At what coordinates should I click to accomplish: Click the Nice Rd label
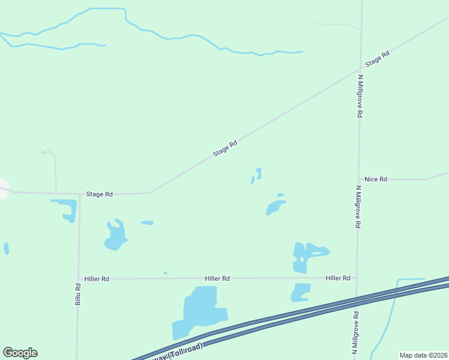pyautogui.click(x=376, y=179)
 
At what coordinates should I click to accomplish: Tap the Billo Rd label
pyautogui.click(x=78, y=294)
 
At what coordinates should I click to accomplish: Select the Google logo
pyautogui.click(x=20, y=353)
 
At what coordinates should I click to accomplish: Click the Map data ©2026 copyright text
pyautogui.click(x=423, y=355)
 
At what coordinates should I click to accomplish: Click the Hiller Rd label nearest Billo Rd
pyautogui.click(x=97, y=279)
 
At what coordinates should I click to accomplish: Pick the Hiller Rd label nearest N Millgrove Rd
pyautogui.click(x=338, y=278)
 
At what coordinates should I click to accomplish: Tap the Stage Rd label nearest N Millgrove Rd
pyautogui.click(x=378, y=59)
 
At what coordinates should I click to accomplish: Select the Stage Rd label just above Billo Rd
pyautogui.click(x=100, y=194)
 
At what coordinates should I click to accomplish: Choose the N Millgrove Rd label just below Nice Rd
pyautogui.click(x=358, y=206)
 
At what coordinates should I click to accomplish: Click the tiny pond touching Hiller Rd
pyautogui.click(x=165, y=273)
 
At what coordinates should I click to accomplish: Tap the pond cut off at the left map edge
pyautogui.click(x=6, y=248)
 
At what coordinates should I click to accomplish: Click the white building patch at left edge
pyautogui.click(x=3, y=187)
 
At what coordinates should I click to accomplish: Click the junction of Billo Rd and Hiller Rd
pyautogui.click(x=79, y=278)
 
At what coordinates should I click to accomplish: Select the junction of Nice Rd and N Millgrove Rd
pyautogui.click(x=359, y=179)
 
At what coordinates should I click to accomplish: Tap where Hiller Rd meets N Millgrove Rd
pyautogui.click(x=357, y=278)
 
